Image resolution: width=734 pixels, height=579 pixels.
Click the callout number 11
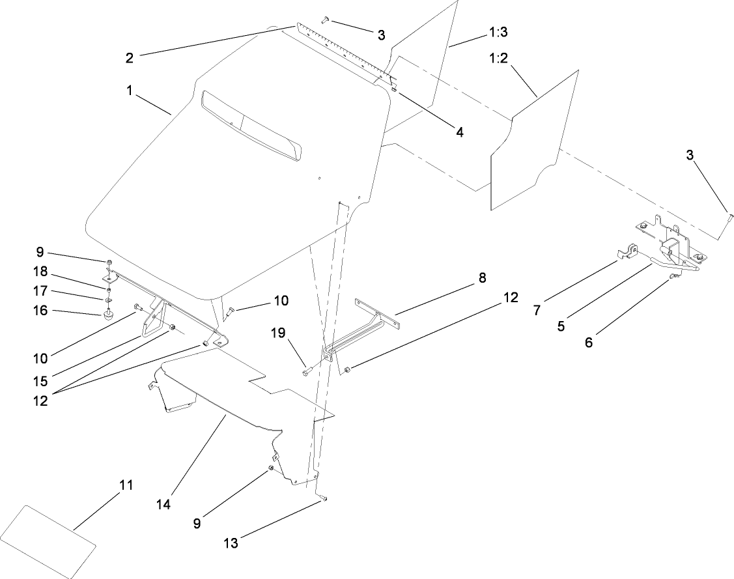126,485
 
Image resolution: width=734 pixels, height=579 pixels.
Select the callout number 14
163,504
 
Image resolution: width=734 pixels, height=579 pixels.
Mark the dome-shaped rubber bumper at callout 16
106,315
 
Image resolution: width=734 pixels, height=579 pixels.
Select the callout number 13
231,543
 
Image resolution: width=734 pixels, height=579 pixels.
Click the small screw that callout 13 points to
324,499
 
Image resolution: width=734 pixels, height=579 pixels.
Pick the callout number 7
537,310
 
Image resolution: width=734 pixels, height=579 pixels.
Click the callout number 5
561,326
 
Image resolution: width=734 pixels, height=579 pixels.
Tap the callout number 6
589,342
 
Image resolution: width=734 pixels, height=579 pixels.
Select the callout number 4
459,131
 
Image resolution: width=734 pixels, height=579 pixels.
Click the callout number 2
130,57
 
